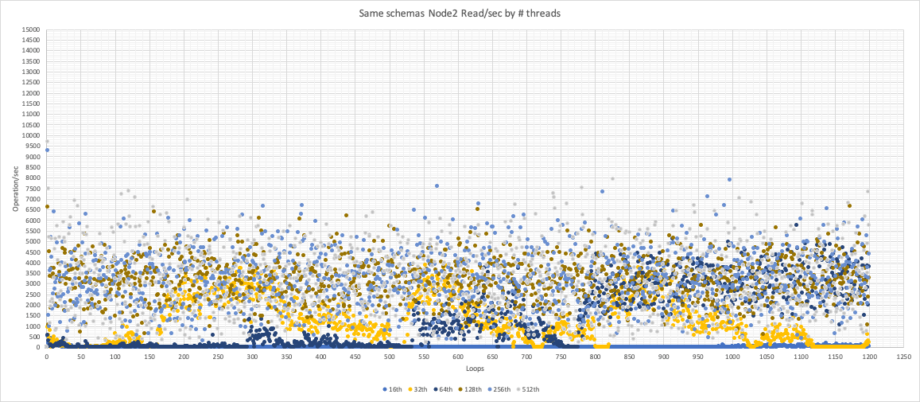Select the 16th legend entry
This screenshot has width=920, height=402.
click(x=391, y=389)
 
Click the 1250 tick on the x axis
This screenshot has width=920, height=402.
click(x=903, y=357)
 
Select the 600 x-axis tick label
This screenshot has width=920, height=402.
click(x=458, y=357)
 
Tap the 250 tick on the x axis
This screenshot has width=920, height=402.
click(x=218, y=357)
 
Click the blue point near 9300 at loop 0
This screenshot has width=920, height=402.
click(x=47, y=150)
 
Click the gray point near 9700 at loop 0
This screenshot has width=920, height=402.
click(x=47, y=142)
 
